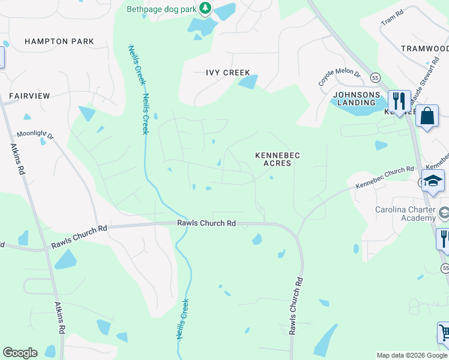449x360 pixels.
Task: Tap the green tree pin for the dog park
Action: (206, 8)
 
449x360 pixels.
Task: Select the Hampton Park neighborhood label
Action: (59, 41)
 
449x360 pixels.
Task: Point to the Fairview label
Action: (29, 95)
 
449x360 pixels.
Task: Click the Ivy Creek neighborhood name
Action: (228, 73)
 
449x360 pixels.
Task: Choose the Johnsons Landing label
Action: (357, 98)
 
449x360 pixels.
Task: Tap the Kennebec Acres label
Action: (277, 159)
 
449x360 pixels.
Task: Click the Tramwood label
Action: (424, 49)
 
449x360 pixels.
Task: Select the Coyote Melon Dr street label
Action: (339, 77)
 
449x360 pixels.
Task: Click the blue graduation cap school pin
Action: (433, 181)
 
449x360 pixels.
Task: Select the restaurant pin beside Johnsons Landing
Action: (397, 100)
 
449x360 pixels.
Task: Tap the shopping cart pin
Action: (444, 332)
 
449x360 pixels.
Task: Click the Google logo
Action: (20, 353)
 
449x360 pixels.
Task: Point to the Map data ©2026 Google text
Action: (412, 355)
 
